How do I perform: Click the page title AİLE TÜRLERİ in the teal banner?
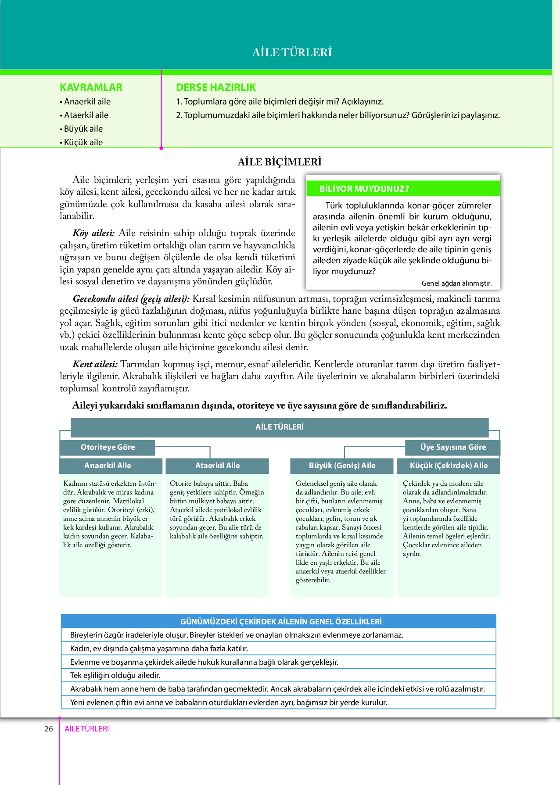(x=292, y=52)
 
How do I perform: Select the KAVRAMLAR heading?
(x=91, y=87)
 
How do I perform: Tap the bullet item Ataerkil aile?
(x=86, y=115)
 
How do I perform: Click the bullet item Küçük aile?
(x=83, y=142)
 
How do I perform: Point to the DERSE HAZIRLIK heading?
(x=216, y=87)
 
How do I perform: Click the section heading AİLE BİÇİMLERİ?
(x=280, y=162)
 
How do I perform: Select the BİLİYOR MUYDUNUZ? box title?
(x=364, y=189)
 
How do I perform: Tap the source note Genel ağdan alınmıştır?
(x=456, y=283)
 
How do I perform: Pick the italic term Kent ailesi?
(x=95, y=364)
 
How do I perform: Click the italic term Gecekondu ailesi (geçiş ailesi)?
(x=131, y=299)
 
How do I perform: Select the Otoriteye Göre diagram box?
(x=108, y=447)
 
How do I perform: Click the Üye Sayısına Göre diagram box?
(x=453, y=447)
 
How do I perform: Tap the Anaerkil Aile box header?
(x=108, y=466)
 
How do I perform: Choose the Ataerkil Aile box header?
(x=217, y=466)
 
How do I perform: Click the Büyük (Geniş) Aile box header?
(x=342, y=466)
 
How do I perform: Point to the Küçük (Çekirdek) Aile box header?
(x=449, y=466)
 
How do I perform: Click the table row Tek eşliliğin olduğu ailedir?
(x=115, y=675)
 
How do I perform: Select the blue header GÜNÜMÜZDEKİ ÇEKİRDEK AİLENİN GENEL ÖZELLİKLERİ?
(x=281, y=621)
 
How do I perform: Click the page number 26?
(x=48, y=729)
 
